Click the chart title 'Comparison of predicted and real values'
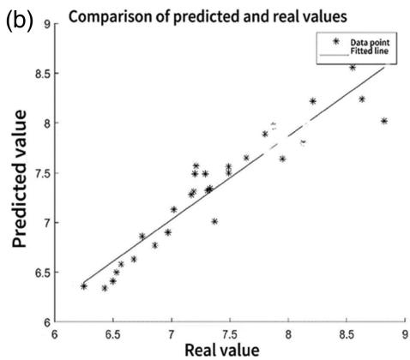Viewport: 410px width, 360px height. [x=208, y=17]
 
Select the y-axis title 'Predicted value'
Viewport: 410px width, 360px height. [x=20, y=179]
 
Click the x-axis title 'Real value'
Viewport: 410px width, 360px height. [x=222, y=351]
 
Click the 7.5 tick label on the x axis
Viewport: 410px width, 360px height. [x=230, y=334]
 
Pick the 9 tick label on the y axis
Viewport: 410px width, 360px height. [x=47, y=24]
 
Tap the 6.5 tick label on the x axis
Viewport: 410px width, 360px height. [x=113, y=334]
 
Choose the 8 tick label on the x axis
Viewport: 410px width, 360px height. [x=288, y=334]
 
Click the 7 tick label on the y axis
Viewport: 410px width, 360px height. [x=47, y=223]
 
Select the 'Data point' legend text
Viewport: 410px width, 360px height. [x=370, y=43]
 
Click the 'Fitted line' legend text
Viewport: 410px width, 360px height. [x=370, y=51]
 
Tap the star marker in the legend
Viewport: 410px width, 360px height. [x=336, y=42]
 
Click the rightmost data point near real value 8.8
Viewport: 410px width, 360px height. [x=384, y=121]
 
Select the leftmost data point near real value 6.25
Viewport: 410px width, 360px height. [x=84, y=286]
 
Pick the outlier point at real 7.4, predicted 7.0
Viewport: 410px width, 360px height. [x=214, y=221]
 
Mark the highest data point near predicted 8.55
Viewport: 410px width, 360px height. [x=353, y=68]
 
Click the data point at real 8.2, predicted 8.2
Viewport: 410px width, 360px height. [x=313, y=101]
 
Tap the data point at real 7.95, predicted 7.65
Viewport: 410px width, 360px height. [x=282, y=159]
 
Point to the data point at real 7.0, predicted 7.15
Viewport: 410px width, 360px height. [x=174, y=209]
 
